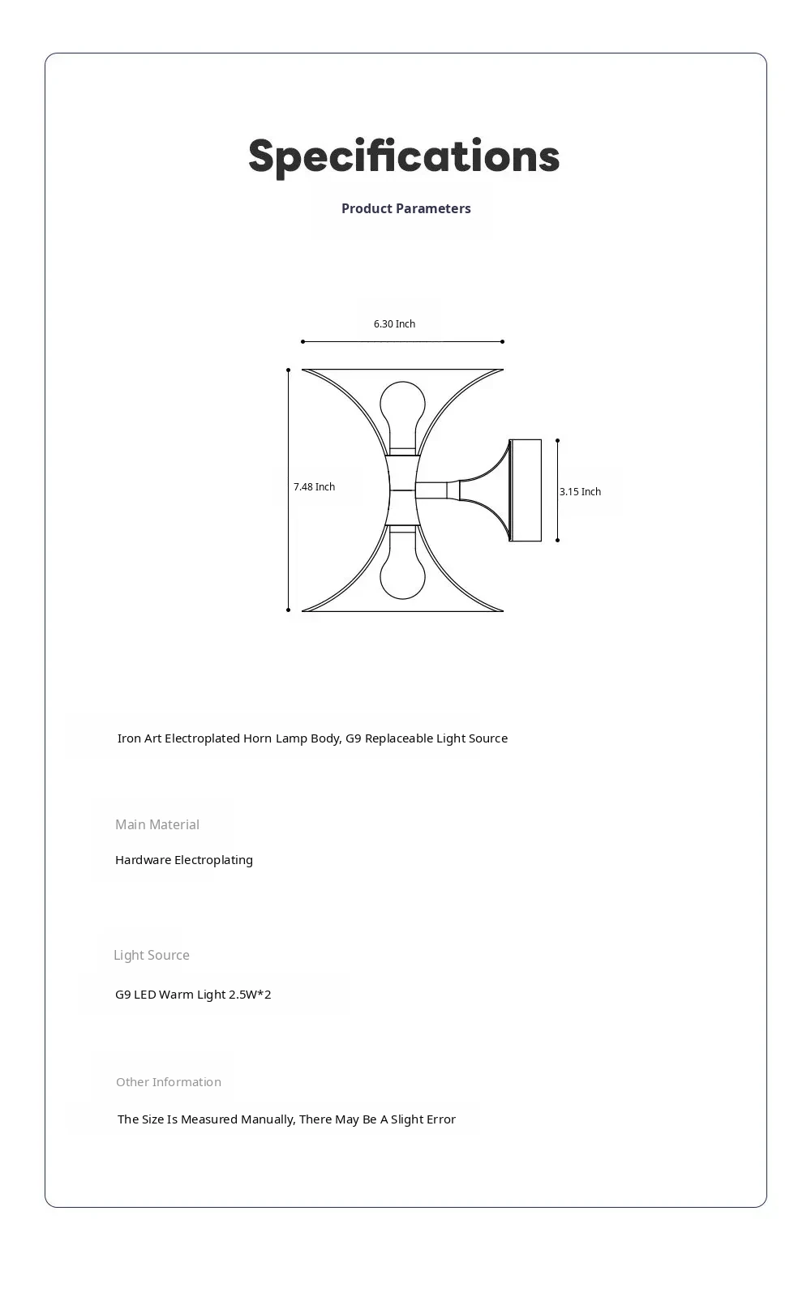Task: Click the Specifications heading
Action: point(404,156)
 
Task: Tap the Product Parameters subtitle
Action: point(405,208)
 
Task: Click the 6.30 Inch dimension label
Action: point(394,323)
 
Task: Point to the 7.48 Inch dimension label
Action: point(314,486)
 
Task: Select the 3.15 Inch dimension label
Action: point(580,491)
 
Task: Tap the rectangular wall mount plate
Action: point(526,490)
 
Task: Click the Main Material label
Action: point(157,824)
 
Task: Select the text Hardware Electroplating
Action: point(184,860)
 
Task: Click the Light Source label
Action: point(152,955)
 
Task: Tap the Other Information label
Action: point(169,1082)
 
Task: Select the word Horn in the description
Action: point(257,738)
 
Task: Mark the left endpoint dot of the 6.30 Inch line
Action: point(303,341)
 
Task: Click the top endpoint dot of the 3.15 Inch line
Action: point(557,440)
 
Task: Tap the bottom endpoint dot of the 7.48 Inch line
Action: point(288,610)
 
